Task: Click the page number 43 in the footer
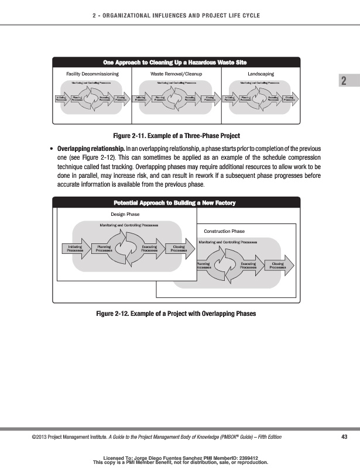coord(344,437)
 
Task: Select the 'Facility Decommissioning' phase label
coord(93,74)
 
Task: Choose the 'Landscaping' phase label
coord(261,74)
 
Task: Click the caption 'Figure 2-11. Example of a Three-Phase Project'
coord(180,136)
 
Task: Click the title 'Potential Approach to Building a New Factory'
coord(176,202)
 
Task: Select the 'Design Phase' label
coord(125,215)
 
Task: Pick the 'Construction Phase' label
coord(224,232)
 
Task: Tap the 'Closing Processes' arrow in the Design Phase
coord(179,249)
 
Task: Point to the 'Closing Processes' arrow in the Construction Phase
coord(277,266)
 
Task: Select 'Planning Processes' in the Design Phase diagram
coord(104,249)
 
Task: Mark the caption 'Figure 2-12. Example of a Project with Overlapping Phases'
coord(176,314)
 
